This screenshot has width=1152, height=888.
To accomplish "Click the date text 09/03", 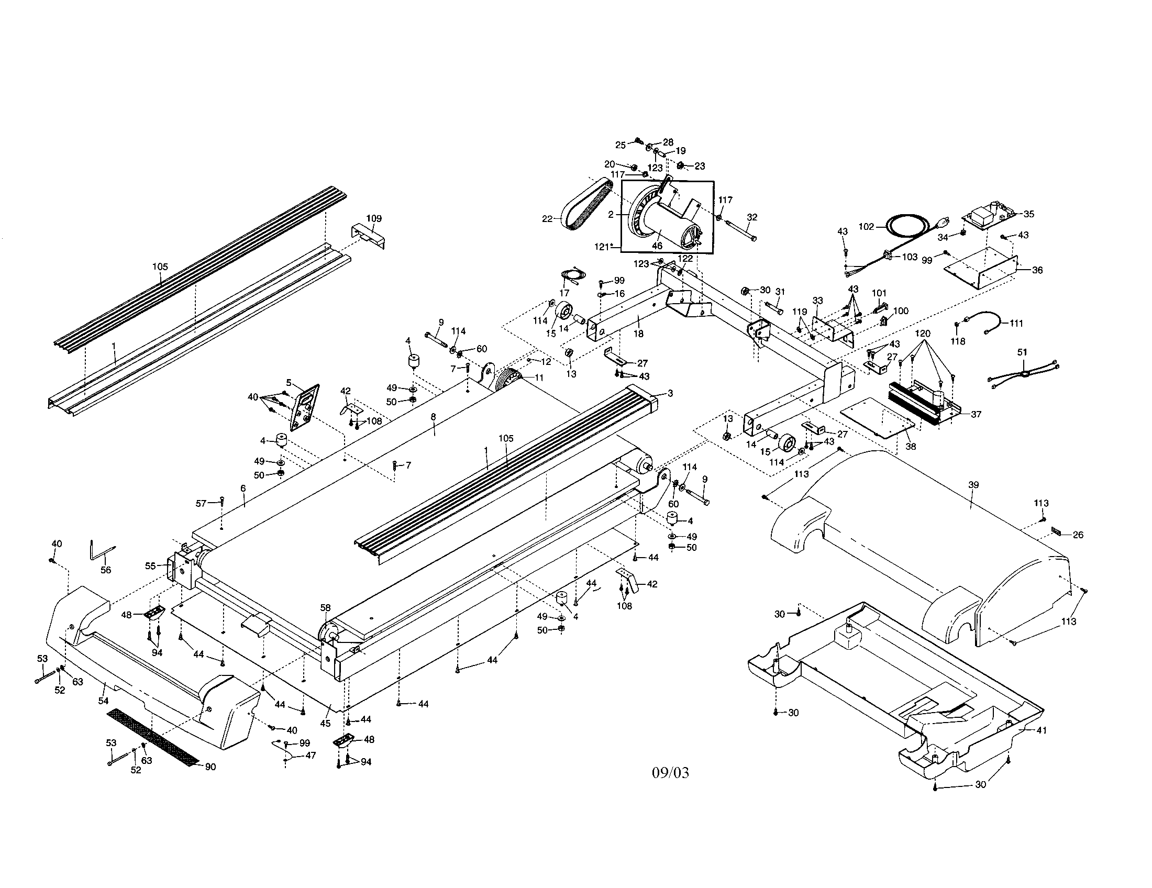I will click(x=670, y=773).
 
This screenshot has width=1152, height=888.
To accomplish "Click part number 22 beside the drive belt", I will click(x=547, y=218).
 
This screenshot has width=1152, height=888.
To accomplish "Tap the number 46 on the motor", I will click(x=657, y=246).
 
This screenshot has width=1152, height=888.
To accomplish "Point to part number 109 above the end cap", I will click(x=374, y=218).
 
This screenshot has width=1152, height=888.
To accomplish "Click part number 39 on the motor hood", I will click(x=974, y=485).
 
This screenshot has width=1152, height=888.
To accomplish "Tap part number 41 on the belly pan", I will click(x=1041, y=730).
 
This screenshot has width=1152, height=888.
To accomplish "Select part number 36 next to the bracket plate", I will click(x=1037, y=270).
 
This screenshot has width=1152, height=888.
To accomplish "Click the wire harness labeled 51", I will click(x=1023, y=374).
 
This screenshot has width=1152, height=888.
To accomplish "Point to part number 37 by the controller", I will click(x=976, y=415).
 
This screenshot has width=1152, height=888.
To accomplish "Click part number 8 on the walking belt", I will click(x=433, y=417).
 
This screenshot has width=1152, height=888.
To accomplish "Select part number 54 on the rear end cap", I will click(x=103, y=701).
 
